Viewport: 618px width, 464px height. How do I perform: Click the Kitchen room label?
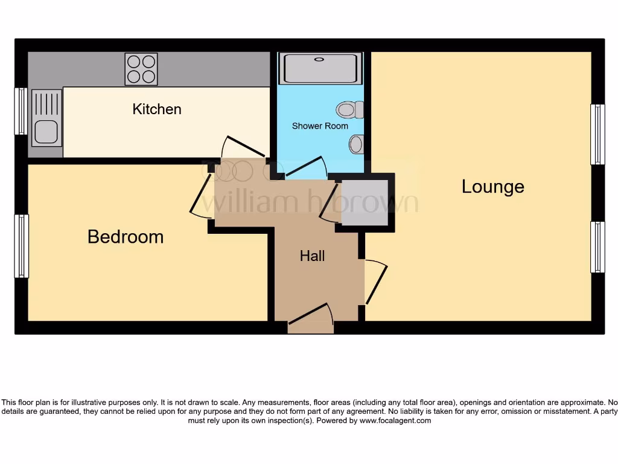tap(157, 109)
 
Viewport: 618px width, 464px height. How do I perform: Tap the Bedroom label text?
tap(126, 236)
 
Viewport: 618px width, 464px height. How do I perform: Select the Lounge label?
tap(492, 187)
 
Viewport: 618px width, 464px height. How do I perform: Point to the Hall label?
tap(313, 256)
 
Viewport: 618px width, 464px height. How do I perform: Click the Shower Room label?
tap(320, 126)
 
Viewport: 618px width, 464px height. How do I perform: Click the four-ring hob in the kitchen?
tap(141, 69)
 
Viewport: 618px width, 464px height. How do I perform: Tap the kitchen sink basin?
tap(46, 132)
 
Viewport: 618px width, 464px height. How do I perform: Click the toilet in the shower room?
tap(349, 109)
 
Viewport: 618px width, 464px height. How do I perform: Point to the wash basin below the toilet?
tap(356, 144)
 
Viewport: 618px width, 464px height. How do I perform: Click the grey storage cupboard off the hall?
tap(365, 202)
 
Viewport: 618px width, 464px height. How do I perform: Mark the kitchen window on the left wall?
tap(21, 111)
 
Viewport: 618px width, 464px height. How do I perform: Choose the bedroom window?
tap(21, 246)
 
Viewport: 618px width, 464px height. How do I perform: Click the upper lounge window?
tap(597, 134)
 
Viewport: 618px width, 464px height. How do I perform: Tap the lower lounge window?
tap(597, 246)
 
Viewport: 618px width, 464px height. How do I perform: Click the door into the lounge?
tap(374, 282)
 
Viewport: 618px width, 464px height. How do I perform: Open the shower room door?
tap(305, 167)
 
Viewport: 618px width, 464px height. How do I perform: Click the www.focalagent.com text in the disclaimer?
tap(395, 420)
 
